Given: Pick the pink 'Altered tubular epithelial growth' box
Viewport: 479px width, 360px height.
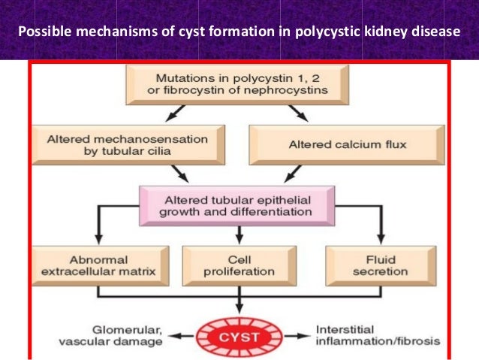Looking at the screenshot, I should point(236,205).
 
